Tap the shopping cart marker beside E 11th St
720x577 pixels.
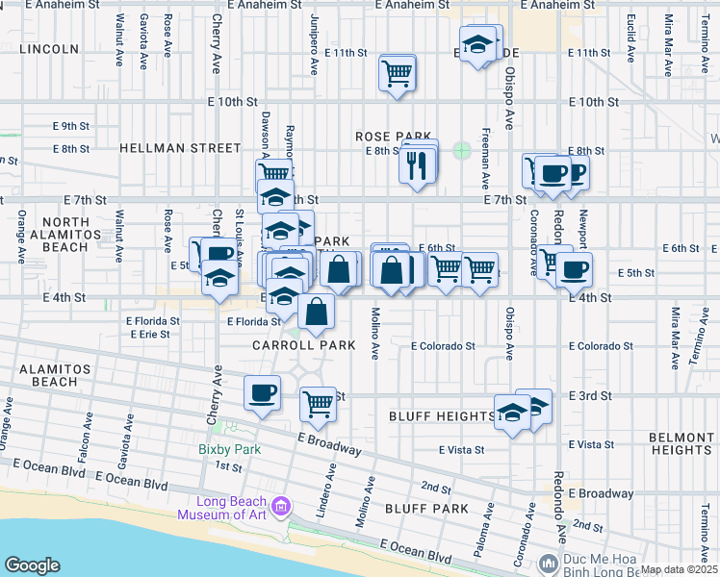[x=397, y=73]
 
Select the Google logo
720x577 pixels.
[x=32, y=565]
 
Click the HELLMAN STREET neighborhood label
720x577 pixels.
[x=180, y=148]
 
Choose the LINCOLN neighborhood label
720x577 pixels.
[x=48, y=49]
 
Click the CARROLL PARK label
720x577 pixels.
[x=293, y=344]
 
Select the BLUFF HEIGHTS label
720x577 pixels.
[x=442, y=416]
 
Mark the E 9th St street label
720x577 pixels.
[x=70, y=126]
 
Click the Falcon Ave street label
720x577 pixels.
[x=86, y=431]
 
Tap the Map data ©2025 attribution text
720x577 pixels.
[x=679, y=569]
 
